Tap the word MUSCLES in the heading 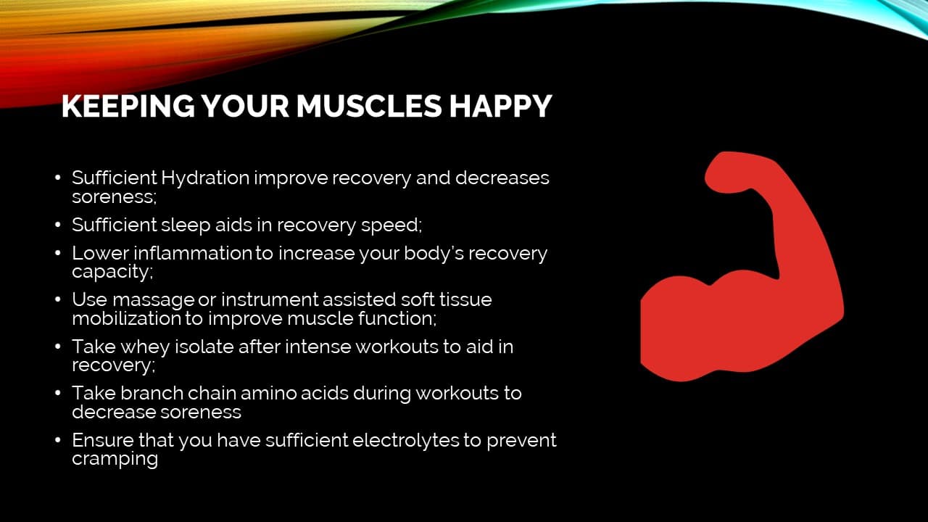tap(368, 106)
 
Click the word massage tap(153, 299)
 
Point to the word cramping tap(115, 459)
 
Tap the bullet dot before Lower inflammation tap(58, 254)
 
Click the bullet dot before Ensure tap(58, 441)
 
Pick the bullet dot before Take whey tap(58, 347)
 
